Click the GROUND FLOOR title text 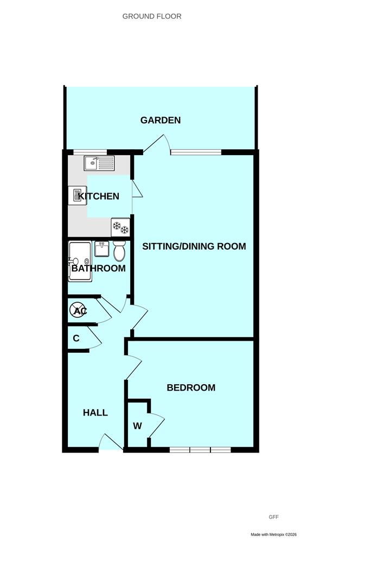click(152, 16)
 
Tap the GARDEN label click(160, 120)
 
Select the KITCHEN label click(99, 196)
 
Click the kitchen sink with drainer click(99, 163)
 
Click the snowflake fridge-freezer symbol click(120, 227)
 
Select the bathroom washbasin click(101, 249)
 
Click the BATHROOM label click(99, 269)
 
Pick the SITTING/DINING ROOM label click(194, 246)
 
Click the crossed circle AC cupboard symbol click(78, 310)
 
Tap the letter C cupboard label click(76, 338)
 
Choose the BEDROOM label click(191, 387)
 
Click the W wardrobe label click(137, 426)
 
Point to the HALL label click(95, 412)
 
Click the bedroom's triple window click(200, 450)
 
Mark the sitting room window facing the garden click(196, 152)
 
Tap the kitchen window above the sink click(90, 152)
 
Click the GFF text click(273, 517)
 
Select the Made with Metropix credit click(273, 534)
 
